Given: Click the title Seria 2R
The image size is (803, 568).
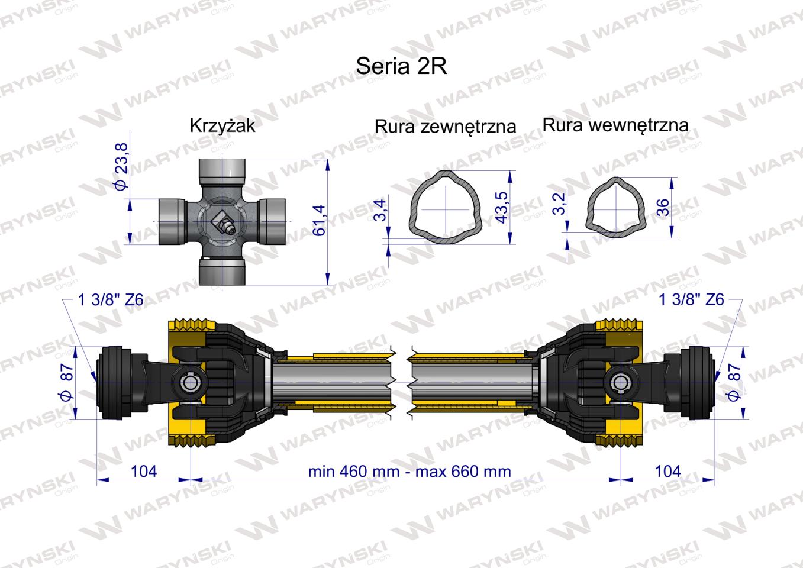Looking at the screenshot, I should (401, 66).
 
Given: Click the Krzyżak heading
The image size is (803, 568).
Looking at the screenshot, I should (222, 125).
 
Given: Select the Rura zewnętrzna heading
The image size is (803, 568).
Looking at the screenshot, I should (445, 126).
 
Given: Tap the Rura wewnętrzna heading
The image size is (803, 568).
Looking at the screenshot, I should (615, 125).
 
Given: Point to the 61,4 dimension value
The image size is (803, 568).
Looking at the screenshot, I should (320, 221).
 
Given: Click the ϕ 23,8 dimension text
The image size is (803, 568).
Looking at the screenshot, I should (120, 166).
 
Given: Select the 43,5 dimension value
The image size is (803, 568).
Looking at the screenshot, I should (502, 206).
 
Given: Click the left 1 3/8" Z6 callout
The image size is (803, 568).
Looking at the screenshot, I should (111, 300).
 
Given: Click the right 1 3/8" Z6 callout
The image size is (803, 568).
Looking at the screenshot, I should (691, 300).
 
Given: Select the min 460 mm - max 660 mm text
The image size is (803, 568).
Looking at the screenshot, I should (409, 471).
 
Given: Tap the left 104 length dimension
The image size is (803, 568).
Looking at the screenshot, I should (143, 471).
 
